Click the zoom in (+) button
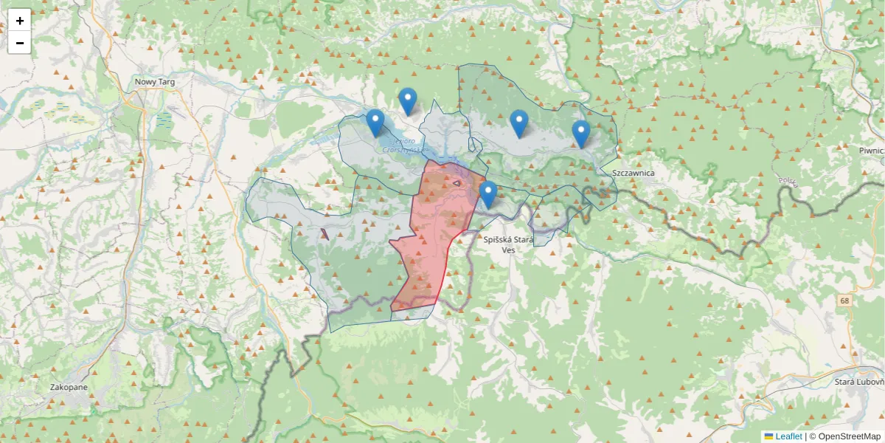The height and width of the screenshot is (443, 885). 19,21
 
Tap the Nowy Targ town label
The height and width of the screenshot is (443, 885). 155,82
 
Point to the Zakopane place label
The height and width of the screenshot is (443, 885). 69,387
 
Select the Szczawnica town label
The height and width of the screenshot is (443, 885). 634,173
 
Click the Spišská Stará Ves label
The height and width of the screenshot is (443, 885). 508,239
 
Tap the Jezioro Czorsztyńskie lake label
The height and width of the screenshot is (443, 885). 403,145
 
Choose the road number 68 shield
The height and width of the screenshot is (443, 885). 843,301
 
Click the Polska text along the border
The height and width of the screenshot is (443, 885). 788,182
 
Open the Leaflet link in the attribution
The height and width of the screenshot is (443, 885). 788,436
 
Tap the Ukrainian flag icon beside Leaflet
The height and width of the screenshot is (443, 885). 768,436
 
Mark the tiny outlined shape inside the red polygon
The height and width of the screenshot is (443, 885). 457,182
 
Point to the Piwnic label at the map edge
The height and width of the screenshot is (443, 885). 871,151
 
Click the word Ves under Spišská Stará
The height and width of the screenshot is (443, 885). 508,250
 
